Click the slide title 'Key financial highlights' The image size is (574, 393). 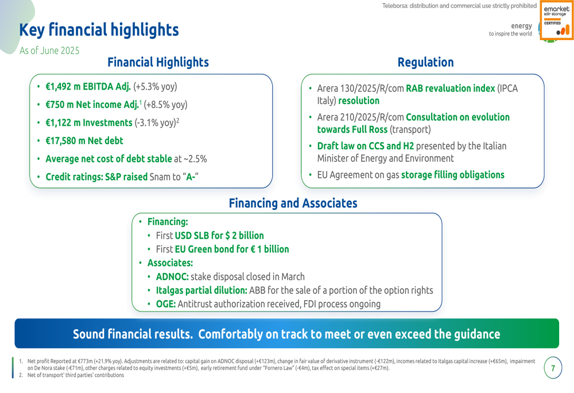point(99,30)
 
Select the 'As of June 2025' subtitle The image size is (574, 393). point(49,50)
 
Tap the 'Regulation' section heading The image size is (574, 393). point(425,62)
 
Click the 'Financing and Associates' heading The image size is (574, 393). point(293,203)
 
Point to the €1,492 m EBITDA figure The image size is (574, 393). point(88,87)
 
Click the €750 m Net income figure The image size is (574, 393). point(92,104)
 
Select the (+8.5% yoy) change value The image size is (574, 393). point(165,105)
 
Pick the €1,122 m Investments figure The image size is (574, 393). point(89,123)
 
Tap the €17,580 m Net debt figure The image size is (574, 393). point(84,141)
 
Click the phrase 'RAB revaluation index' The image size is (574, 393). point(450,88)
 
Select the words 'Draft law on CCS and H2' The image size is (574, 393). point(365,146)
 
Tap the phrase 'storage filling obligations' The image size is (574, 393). point(453,175)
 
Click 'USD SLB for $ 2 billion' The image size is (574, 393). point(219,236)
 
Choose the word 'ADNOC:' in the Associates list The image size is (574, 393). point(172,277)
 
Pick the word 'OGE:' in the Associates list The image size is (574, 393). point(166,304)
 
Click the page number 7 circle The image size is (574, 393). point(553,368)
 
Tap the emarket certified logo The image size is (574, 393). point(556,20)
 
